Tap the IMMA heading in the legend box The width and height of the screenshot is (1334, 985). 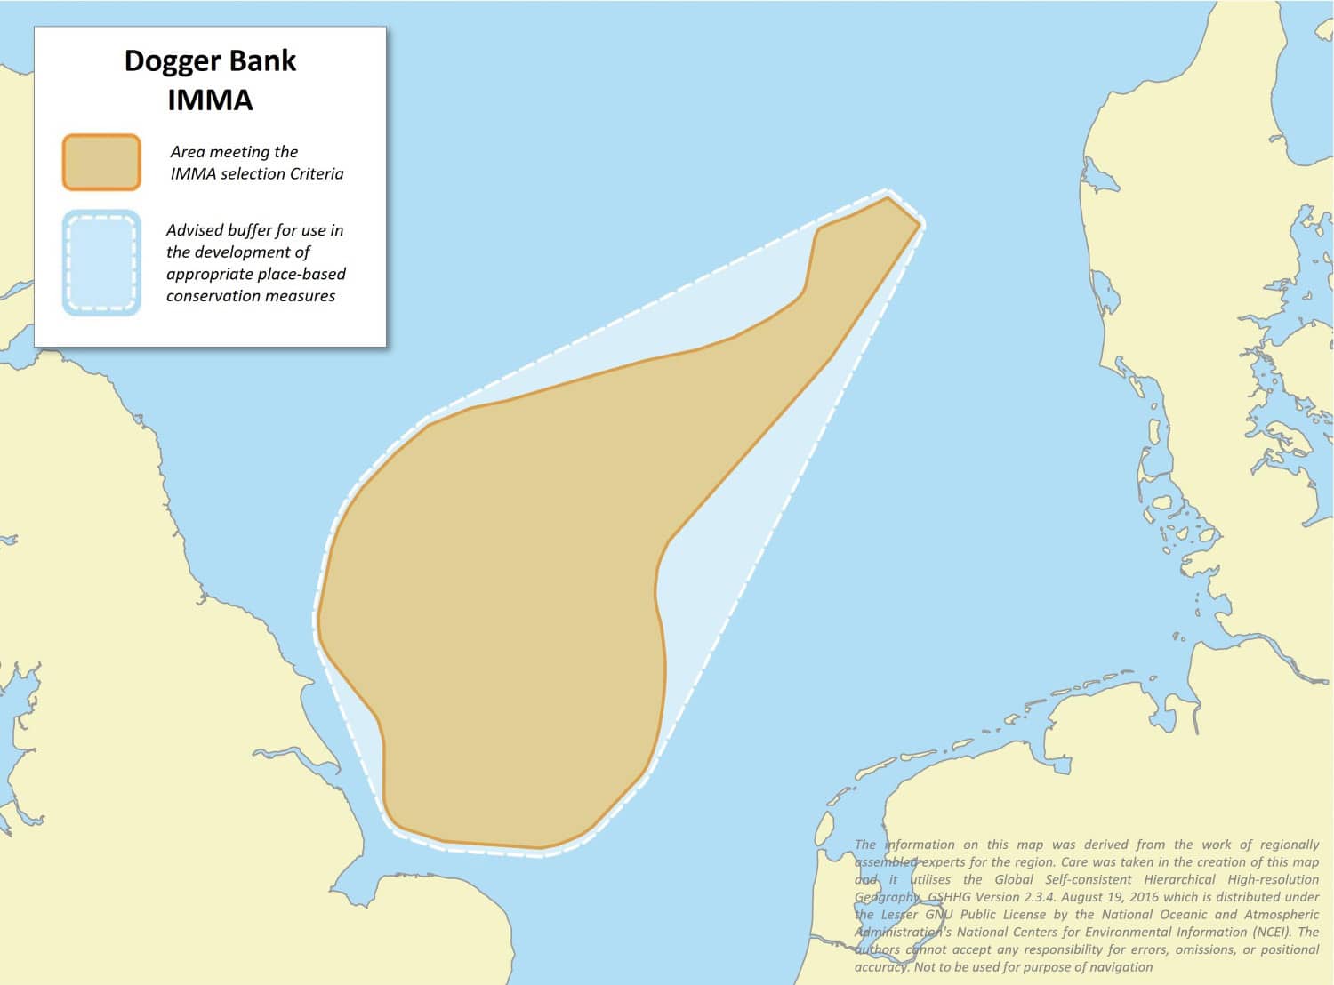pos(210,100)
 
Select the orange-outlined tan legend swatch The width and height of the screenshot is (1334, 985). pos(101,162)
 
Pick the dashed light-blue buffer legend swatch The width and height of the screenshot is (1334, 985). pos(101,263)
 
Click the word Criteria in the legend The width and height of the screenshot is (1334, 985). pos(311,174)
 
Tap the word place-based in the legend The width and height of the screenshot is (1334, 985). pos(302,274)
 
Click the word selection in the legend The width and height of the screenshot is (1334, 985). pos(253,174)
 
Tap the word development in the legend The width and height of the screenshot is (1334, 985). pos(238,252)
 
